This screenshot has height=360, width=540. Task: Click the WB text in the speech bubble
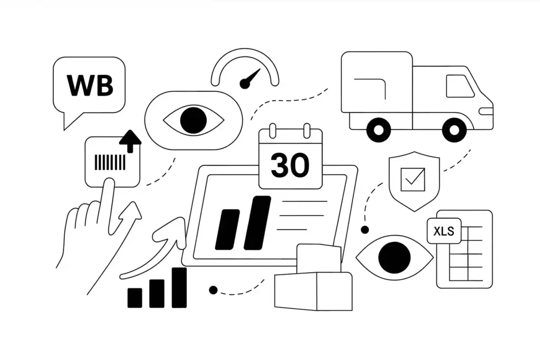pos(90,85)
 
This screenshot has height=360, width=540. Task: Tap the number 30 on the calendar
pos(290,166)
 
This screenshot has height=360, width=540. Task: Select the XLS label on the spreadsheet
pos(444,231)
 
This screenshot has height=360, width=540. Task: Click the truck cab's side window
pos(459,86)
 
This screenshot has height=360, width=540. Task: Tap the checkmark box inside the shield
pos(412,179)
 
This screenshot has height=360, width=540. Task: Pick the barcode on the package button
pos(110,162)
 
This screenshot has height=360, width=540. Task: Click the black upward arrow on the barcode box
pos(130,141)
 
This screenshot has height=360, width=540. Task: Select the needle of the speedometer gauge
pos(250,78)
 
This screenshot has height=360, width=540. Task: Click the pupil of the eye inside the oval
pos(193,120)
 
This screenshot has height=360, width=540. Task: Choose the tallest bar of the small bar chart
pos(179,288)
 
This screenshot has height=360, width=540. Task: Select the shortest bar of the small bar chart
pos(135,298)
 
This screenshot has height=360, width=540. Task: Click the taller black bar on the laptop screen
pos(257,222)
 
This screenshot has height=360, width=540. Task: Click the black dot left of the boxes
pos(213,290)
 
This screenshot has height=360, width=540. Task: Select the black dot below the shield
pos(364,230)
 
